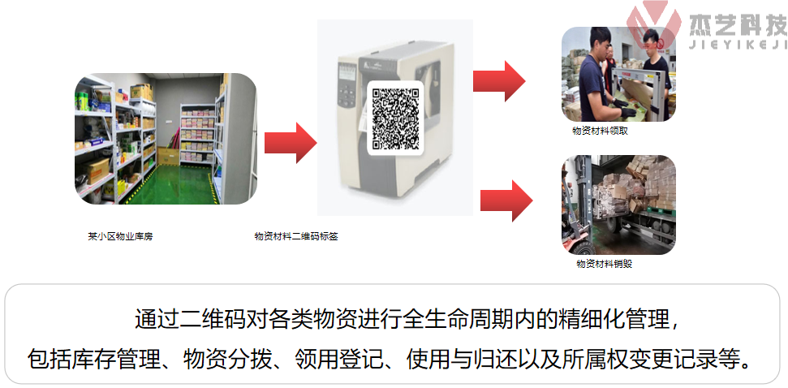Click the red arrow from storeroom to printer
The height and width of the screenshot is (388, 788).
[x=290, y=144]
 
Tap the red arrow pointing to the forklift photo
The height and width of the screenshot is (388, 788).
[x=506, y=200]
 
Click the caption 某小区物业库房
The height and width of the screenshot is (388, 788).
[x=120, y=237]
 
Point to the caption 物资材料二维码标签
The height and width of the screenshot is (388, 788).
[x=296, y=237]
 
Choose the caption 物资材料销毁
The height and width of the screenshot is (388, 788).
[x=604, y=264]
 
